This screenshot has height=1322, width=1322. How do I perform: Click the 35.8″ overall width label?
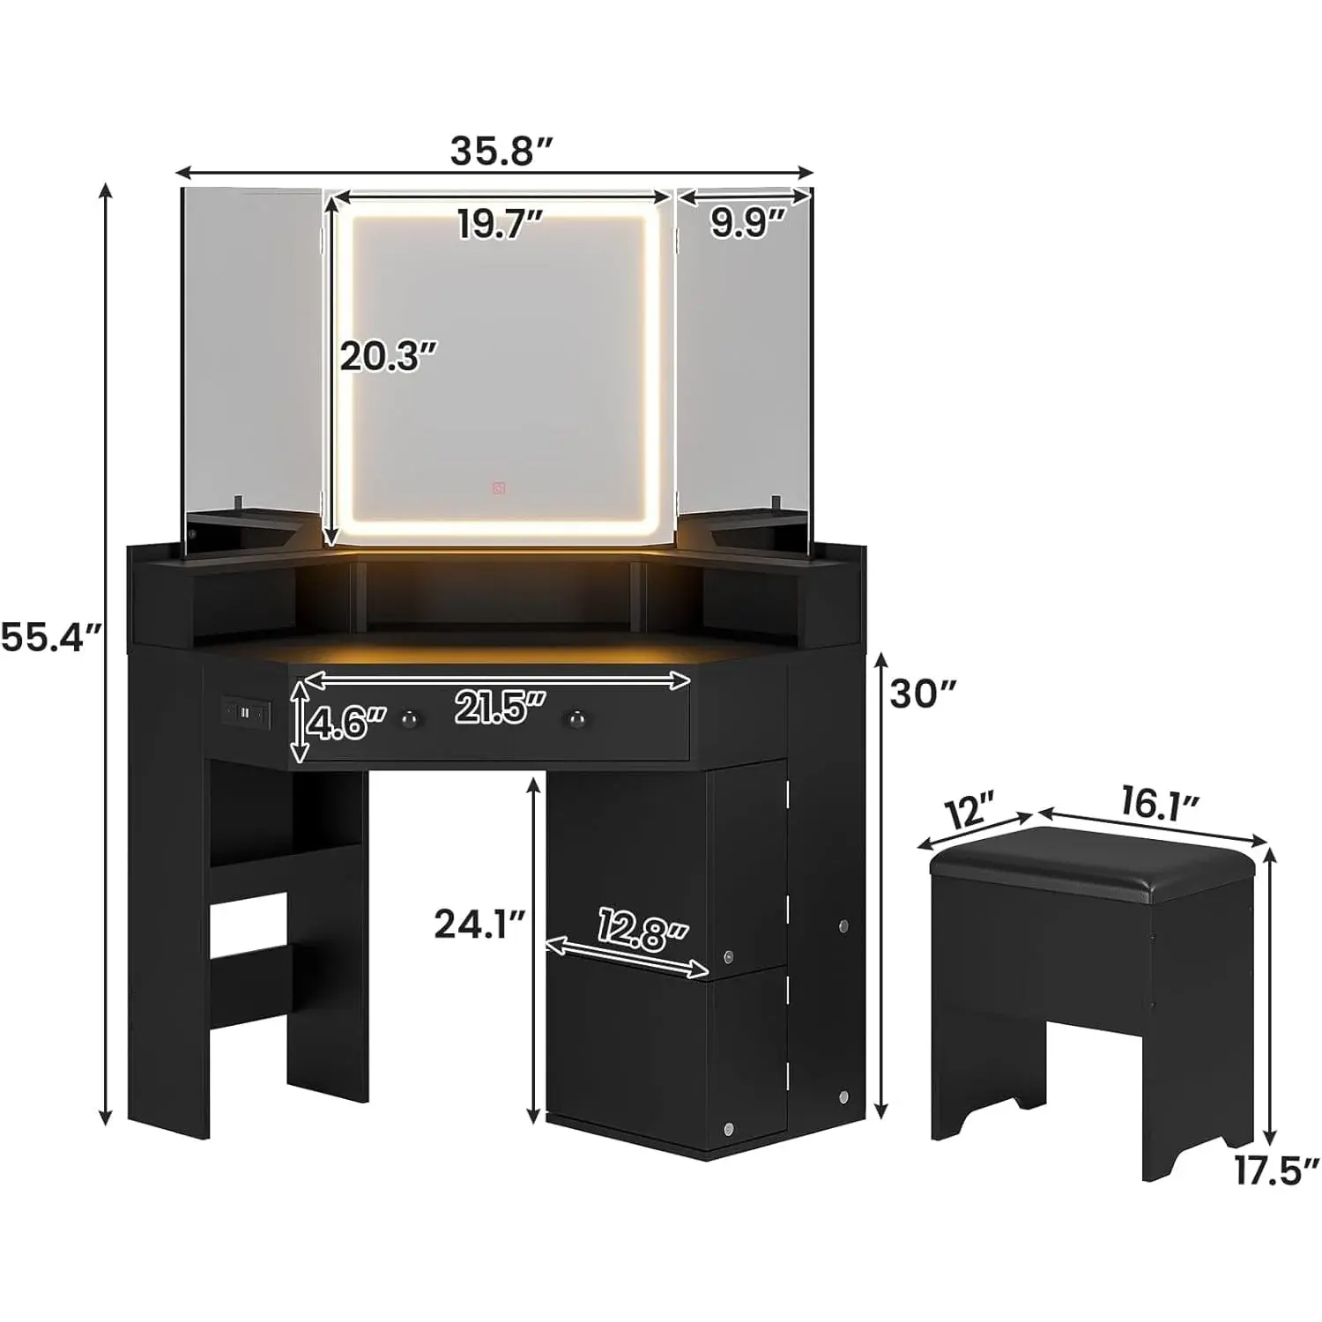point(501,151)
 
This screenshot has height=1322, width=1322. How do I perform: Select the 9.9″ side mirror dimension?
point(747,224)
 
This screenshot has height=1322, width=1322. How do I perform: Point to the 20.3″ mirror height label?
point(389,356)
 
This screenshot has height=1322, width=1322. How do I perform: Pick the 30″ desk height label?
point(924,694)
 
